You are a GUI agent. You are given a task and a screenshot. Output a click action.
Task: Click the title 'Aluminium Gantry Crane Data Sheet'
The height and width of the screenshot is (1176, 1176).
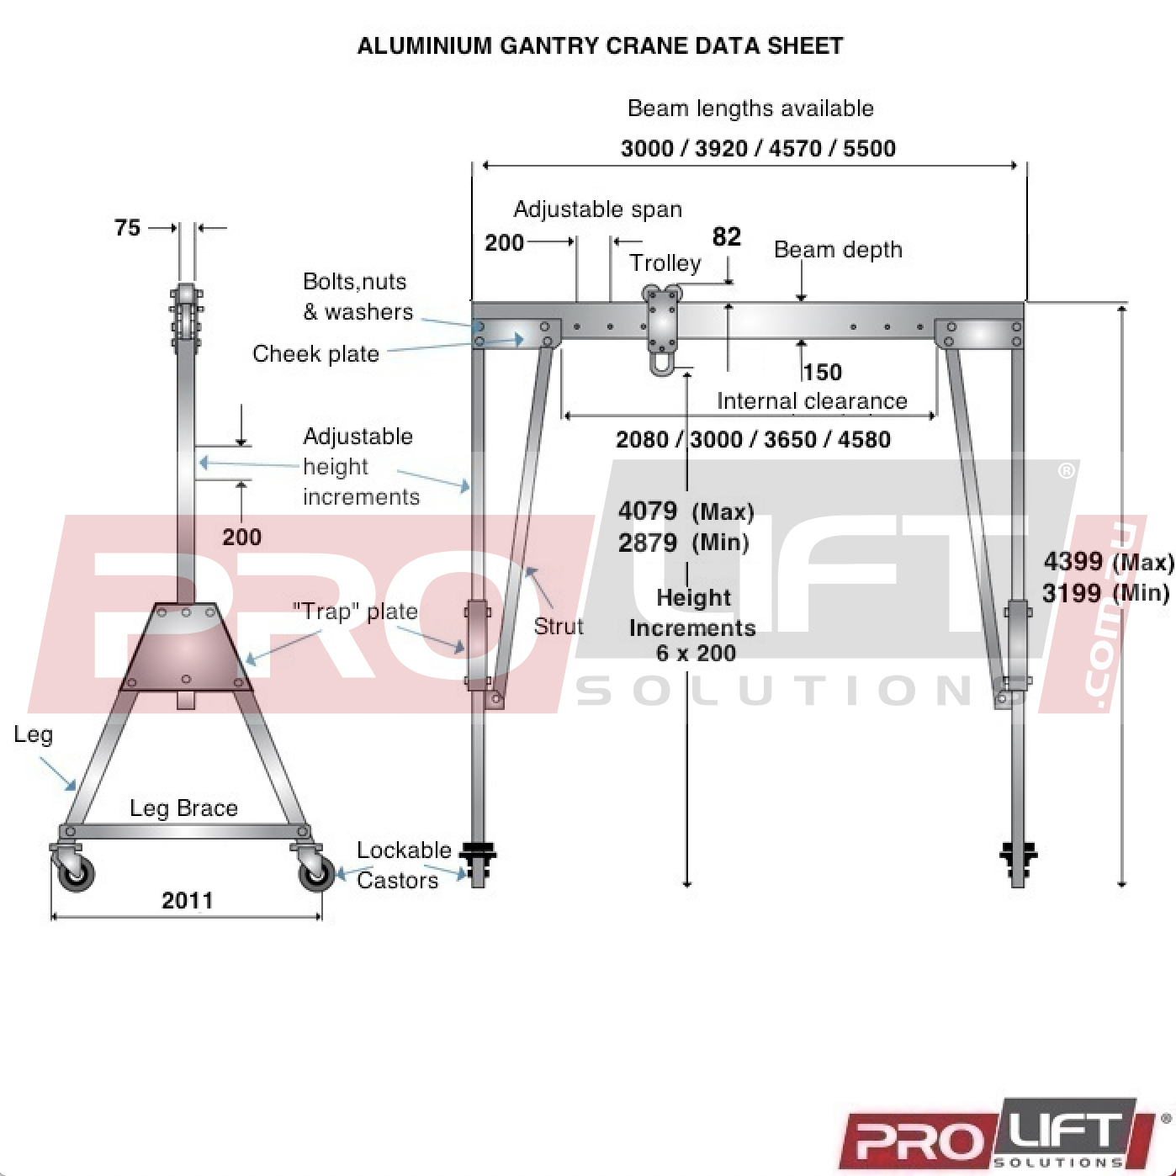coord(600,45)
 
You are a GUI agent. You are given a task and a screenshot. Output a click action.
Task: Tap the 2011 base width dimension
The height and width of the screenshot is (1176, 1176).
coord(188,901)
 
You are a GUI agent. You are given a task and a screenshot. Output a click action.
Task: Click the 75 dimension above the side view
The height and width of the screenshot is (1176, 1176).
coord(127,228)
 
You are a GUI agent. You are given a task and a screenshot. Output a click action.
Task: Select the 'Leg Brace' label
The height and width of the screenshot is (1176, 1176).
coord(183,808)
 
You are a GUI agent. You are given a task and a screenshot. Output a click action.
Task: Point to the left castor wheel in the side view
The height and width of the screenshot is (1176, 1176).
coord(75,872)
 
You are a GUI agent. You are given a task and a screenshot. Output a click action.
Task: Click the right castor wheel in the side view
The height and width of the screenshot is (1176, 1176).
coord(316,872)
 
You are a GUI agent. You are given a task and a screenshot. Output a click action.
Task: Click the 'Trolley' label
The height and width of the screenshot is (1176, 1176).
coord(665,263)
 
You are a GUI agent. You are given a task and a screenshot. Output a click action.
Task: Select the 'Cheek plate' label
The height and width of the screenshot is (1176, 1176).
coord(316,354)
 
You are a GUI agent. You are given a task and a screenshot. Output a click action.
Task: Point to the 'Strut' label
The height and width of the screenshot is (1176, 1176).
coord(559,626)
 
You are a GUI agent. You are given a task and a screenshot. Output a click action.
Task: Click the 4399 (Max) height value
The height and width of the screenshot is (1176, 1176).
coord(1109,561)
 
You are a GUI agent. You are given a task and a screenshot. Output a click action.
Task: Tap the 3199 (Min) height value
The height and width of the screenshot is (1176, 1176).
coord(1106,592)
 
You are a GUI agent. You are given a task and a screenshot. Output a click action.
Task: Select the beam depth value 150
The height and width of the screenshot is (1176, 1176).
coord(823,373)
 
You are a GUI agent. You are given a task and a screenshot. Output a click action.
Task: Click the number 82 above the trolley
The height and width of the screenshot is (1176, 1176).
coord(727,236)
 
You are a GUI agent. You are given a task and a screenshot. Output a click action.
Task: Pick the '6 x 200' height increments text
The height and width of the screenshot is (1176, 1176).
coord(696,653)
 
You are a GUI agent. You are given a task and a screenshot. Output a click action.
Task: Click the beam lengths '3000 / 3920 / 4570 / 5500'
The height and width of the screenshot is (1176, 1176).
coord(758,148)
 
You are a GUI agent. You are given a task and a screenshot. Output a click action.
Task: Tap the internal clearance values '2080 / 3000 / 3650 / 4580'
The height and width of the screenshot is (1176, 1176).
coord(753,439)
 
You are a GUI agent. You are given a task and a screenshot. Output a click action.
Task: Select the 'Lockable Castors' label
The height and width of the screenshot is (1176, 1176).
coord(404,866)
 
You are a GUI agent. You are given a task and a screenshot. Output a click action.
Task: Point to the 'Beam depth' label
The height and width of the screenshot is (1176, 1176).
coord(838,250)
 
